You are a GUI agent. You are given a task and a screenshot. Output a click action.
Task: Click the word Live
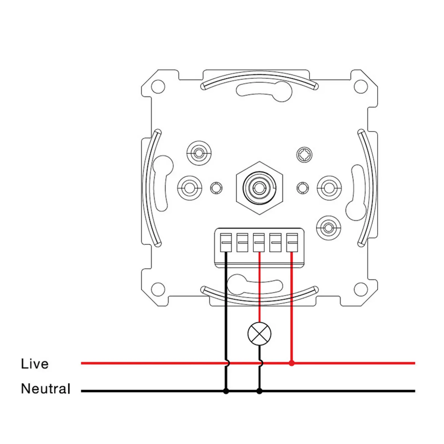[35, 364]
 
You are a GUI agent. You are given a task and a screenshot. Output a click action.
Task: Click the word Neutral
[46, 389]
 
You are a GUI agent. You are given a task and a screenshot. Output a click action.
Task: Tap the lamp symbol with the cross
[259, 334]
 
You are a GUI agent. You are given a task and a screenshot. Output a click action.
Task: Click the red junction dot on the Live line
[292, 363]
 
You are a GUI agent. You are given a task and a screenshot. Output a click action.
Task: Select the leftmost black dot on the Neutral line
[226, 391]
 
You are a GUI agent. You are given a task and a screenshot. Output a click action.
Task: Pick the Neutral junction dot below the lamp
[259, 391]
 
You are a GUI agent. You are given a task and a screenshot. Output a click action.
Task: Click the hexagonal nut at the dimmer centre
[259, 188]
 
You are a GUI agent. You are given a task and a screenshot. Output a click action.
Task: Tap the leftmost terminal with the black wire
[226, 242]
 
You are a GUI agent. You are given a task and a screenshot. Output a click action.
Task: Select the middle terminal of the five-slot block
[259, 242]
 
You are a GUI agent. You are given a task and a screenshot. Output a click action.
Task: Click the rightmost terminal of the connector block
[292, 242]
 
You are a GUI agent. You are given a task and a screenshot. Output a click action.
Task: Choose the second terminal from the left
[242, 242]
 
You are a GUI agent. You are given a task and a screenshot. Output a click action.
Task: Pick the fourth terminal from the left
[275, 242]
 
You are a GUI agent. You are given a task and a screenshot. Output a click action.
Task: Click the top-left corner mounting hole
[158, 86]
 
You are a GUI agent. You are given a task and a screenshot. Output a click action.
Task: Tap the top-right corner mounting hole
[361, 86]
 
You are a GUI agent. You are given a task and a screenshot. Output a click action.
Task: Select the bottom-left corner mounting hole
[158, 289]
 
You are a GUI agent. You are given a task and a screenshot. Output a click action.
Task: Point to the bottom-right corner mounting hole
[361, 289]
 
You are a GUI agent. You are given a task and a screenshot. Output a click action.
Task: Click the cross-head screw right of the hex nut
[304, 154]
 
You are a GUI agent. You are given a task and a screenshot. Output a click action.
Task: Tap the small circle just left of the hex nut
[216, 188]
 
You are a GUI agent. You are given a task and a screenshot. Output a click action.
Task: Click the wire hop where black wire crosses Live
[227, 363]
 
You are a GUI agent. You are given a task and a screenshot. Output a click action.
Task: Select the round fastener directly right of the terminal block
[328, 228]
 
